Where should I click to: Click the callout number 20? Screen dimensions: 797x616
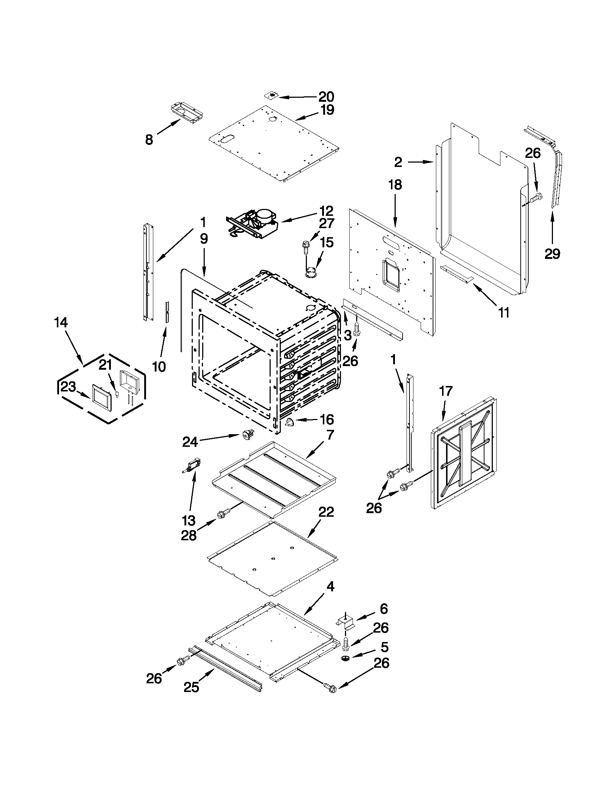tap(326, 97)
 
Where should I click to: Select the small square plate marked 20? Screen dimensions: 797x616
tap(271, 95)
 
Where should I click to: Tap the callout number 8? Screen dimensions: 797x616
tap(149, 140)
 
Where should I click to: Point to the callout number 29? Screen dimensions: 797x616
tap(552, 253)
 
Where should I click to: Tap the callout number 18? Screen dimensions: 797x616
tap(395, 185)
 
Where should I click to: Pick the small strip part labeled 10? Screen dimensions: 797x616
tap(167, 312)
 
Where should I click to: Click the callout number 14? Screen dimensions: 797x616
tap(61, 323)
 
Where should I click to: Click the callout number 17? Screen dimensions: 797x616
tap(445, 391)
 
